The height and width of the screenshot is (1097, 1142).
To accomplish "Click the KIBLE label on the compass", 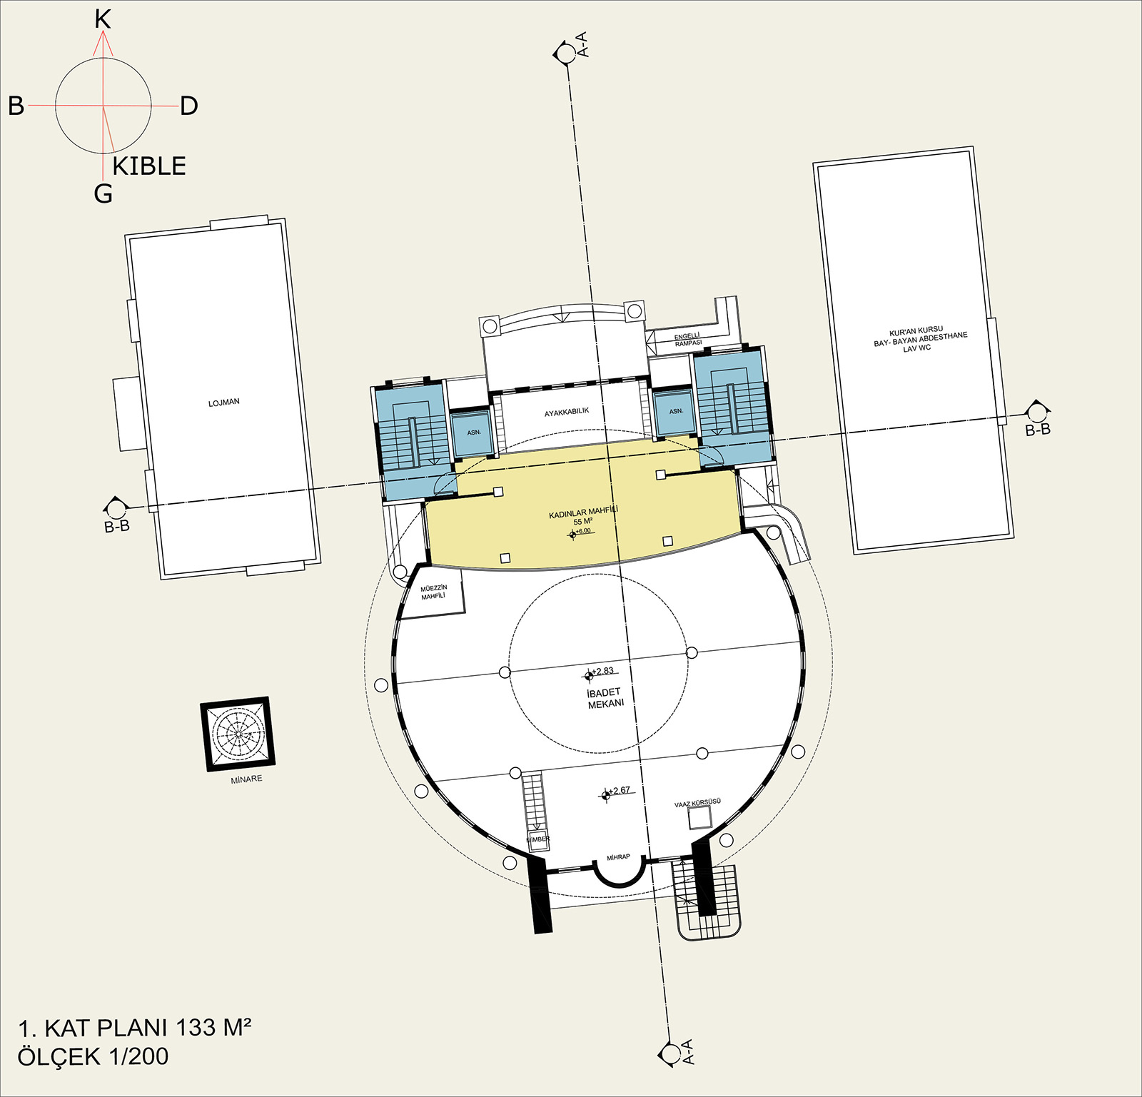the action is click(149, 166).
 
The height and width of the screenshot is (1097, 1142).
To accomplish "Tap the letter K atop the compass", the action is click(103, 20).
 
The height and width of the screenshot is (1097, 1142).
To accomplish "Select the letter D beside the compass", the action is click(188, 106).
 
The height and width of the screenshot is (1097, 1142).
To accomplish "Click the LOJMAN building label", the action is click(224, 403).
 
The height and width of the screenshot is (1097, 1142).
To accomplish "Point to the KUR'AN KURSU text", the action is click(916, 332).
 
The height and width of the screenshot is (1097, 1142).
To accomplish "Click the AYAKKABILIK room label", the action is click(567, 413).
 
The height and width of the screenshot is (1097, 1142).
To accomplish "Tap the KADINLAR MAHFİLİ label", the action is click(583, 512).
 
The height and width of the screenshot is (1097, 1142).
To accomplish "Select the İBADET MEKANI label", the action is click(605, 698).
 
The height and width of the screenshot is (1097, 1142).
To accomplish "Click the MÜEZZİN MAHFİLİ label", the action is click(434, 592).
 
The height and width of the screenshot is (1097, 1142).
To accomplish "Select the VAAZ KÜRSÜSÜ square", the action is click(700, 818).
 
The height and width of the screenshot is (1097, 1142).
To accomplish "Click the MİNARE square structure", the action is click(238, 734).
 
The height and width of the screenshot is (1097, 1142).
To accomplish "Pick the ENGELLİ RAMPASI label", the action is click(687, 340).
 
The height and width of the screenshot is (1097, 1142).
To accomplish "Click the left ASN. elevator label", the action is click(474, 433).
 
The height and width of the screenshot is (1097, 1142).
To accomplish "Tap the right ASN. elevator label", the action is click(676, 411).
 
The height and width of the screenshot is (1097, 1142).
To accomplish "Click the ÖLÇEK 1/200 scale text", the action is click(94, 1056).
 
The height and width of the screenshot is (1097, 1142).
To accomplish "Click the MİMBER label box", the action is click(538, 839).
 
